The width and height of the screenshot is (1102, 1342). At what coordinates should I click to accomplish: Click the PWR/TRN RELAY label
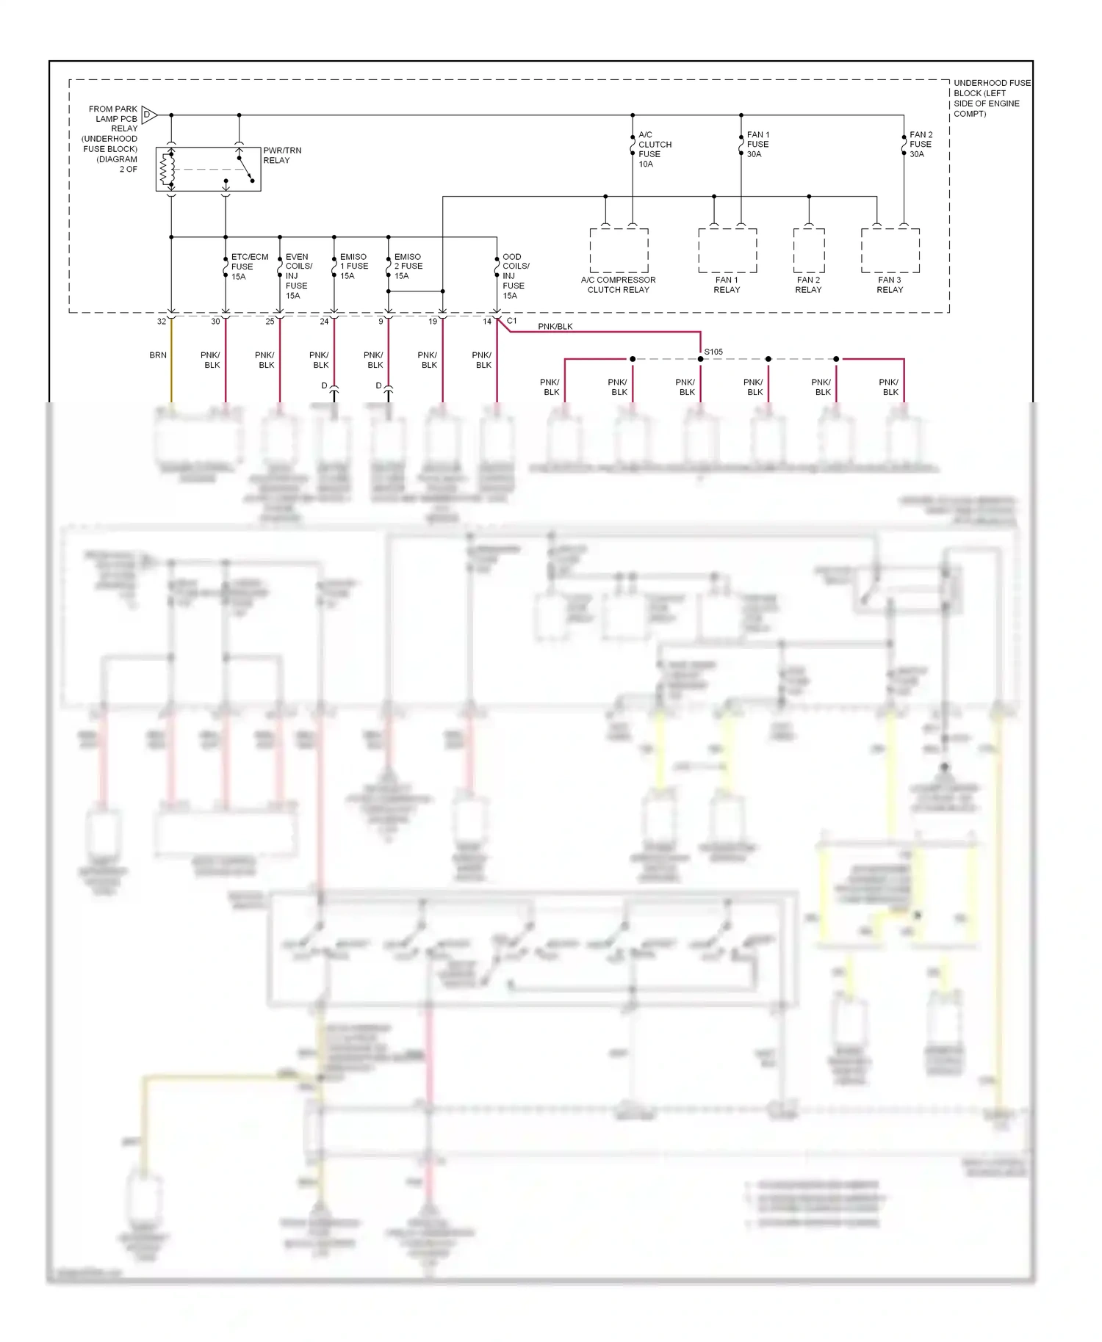point(281,155)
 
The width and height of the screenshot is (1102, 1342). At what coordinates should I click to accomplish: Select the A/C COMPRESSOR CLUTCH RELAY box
point(619,250)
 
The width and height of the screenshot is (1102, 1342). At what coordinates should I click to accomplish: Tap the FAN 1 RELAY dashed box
point(727,250)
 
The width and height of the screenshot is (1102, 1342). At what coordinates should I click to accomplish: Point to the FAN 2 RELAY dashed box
point(808,250)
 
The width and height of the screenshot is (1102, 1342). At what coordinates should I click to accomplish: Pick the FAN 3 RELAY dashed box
point(890,250)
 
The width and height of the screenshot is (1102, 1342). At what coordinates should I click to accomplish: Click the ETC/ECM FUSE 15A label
point(248,266)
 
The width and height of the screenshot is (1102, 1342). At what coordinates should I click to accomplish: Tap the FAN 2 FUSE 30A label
point(921,145)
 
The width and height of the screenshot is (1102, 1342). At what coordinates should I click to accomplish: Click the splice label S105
point(713,352)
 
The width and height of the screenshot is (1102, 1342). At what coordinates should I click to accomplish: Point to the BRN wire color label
point(158,355)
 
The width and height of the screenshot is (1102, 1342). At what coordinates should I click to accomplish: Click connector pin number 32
point(162,322)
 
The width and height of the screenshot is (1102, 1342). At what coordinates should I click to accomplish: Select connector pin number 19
point(433,322)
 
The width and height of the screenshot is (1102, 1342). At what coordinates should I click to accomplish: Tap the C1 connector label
point(512,321)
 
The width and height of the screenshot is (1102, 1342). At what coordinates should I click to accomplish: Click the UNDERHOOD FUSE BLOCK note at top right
point(990,98)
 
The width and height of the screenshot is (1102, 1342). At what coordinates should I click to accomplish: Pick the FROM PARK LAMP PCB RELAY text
point(114,118)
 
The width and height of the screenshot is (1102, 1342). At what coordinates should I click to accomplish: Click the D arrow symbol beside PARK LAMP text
point(148,115)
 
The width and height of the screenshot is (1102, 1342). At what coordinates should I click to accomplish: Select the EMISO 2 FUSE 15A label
point(408,266)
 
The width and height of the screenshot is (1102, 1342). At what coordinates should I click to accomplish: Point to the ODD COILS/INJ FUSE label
point(515,276)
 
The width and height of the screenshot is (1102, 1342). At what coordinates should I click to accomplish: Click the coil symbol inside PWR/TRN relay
point(168,170)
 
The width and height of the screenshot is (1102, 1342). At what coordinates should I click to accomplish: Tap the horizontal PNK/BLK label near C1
point(555,327)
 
